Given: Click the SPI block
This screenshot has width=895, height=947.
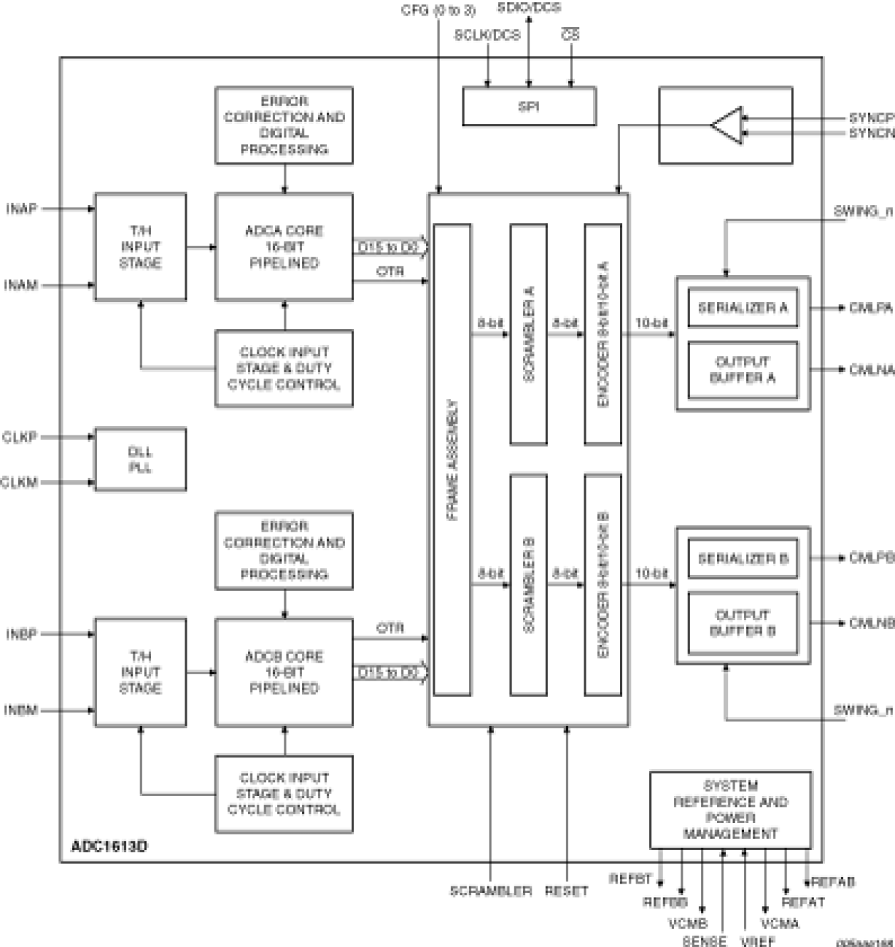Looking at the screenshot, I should [529, 106].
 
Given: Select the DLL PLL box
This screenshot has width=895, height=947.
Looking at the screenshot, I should [140, 460].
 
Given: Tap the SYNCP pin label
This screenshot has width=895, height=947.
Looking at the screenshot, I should [871, 118].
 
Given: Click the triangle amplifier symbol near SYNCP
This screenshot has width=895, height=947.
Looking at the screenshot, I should [728, 125].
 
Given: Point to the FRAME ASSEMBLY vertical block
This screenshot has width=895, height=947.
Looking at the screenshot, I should [452, 460].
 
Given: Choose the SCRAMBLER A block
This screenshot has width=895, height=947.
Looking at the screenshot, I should [528, 333].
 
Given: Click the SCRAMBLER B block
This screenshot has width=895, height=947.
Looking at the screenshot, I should [528, 584].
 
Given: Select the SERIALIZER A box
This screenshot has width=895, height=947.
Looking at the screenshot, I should [743, 308].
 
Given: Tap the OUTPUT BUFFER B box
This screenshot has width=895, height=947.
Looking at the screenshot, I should [743, 623].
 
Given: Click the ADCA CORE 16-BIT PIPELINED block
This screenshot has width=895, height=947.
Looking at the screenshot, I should [284, 247].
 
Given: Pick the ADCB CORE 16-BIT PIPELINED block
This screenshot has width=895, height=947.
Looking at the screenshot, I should [284, 672].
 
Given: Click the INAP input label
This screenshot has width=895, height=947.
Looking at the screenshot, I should [21, 209].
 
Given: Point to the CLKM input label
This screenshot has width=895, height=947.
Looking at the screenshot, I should [19, 482].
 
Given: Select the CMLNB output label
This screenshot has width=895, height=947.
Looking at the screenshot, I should [871, 623].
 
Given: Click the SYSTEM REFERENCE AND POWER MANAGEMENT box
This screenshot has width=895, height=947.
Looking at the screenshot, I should [730, 809].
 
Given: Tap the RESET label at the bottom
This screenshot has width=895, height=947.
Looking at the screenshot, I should [567, 891].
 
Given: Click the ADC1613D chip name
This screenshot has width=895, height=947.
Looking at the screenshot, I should [109, 847].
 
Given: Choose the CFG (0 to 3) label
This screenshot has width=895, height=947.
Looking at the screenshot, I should [438, 11].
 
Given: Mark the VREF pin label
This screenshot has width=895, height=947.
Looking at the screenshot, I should [757, 941].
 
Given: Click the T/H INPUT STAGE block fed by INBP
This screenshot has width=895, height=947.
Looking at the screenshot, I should [140, 672].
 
